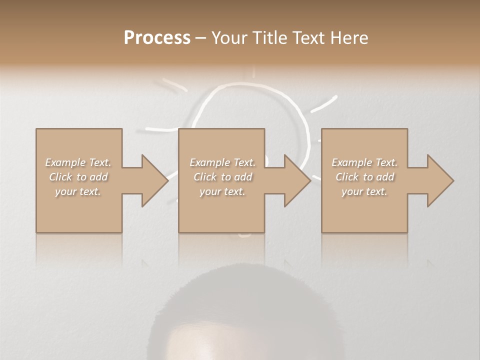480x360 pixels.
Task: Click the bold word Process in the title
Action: tap(157, 38)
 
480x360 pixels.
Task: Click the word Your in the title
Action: tap(231, 38)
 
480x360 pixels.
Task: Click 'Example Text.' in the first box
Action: tap(78, 162)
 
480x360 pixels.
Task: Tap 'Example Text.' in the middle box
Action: tap(222, 162)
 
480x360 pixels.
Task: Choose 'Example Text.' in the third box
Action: tap(364, 162)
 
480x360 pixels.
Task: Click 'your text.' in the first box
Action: tap(78, 191)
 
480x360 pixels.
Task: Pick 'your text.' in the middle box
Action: tap(222, 191)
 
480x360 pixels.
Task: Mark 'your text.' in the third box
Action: tap(364, 191)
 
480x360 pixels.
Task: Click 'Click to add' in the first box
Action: tap(78, 177)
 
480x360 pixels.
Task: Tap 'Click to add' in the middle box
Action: tap(222, 177)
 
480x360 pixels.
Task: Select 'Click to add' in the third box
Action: tap(364, 177)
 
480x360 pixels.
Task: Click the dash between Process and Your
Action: tap(200, 38)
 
